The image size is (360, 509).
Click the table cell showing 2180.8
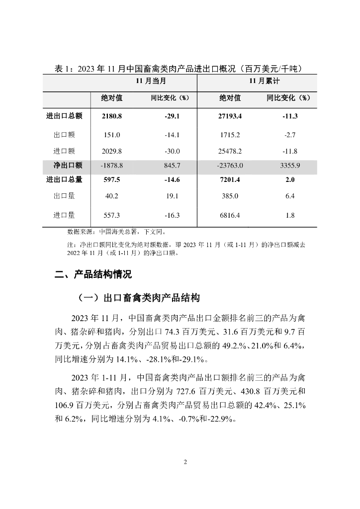coord(111,116)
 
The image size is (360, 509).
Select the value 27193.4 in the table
coord(230,116)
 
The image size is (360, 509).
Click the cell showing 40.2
coord(111,196)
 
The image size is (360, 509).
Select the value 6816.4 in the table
coord(230,215)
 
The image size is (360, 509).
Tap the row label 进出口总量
coord(64,180)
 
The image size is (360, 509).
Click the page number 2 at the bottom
coord(185,462)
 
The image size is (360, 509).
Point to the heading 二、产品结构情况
coord(93,274)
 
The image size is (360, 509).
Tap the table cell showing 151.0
coord(111,135)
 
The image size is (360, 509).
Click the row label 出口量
coord(64,196)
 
